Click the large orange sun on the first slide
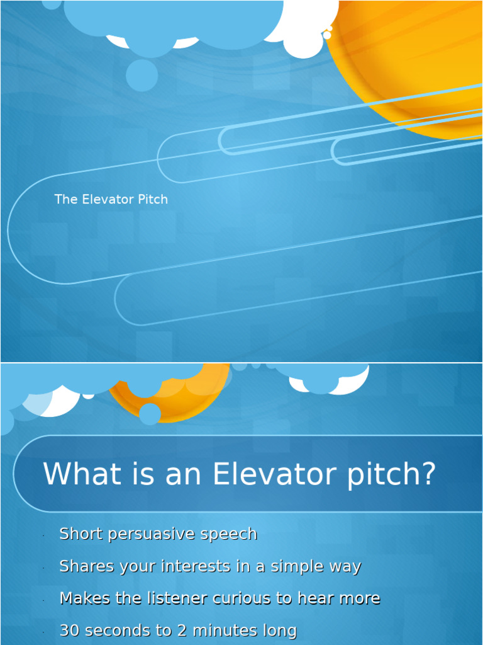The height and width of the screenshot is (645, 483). (415, 57)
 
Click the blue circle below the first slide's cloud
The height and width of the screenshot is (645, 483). (142, 76)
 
